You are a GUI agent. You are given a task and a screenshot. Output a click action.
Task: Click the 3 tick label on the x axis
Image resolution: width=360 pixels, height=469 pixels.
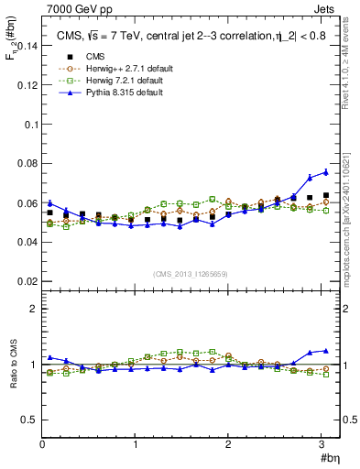(x=321, y=444)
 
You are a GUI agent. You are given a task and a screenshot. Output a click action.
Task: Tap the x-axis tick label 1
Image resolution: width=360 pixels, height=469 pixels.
(x=135, y=444)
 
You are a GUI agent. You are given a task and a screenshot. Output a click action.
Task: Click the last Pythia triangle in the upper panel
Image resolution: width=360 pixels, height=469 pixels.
(x=325, y=171)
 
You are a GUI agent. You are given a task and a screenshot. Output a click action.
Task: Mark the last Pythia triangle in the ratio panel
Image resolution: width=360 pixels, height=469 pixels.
(x=325, y=350)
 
